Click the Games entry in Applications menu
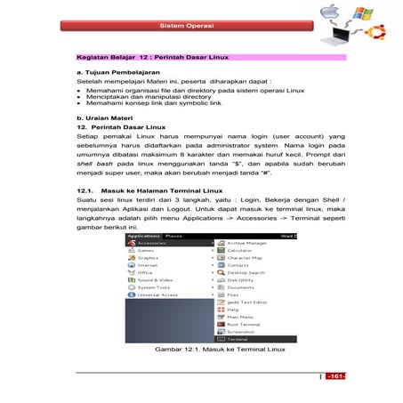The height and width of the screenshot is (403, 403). (x=145, y=250)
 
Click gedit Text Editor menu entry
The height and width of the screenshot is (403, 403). (x=246, y=302)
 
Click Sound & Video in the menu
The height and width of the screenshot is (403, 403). (x=153, y=279)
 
